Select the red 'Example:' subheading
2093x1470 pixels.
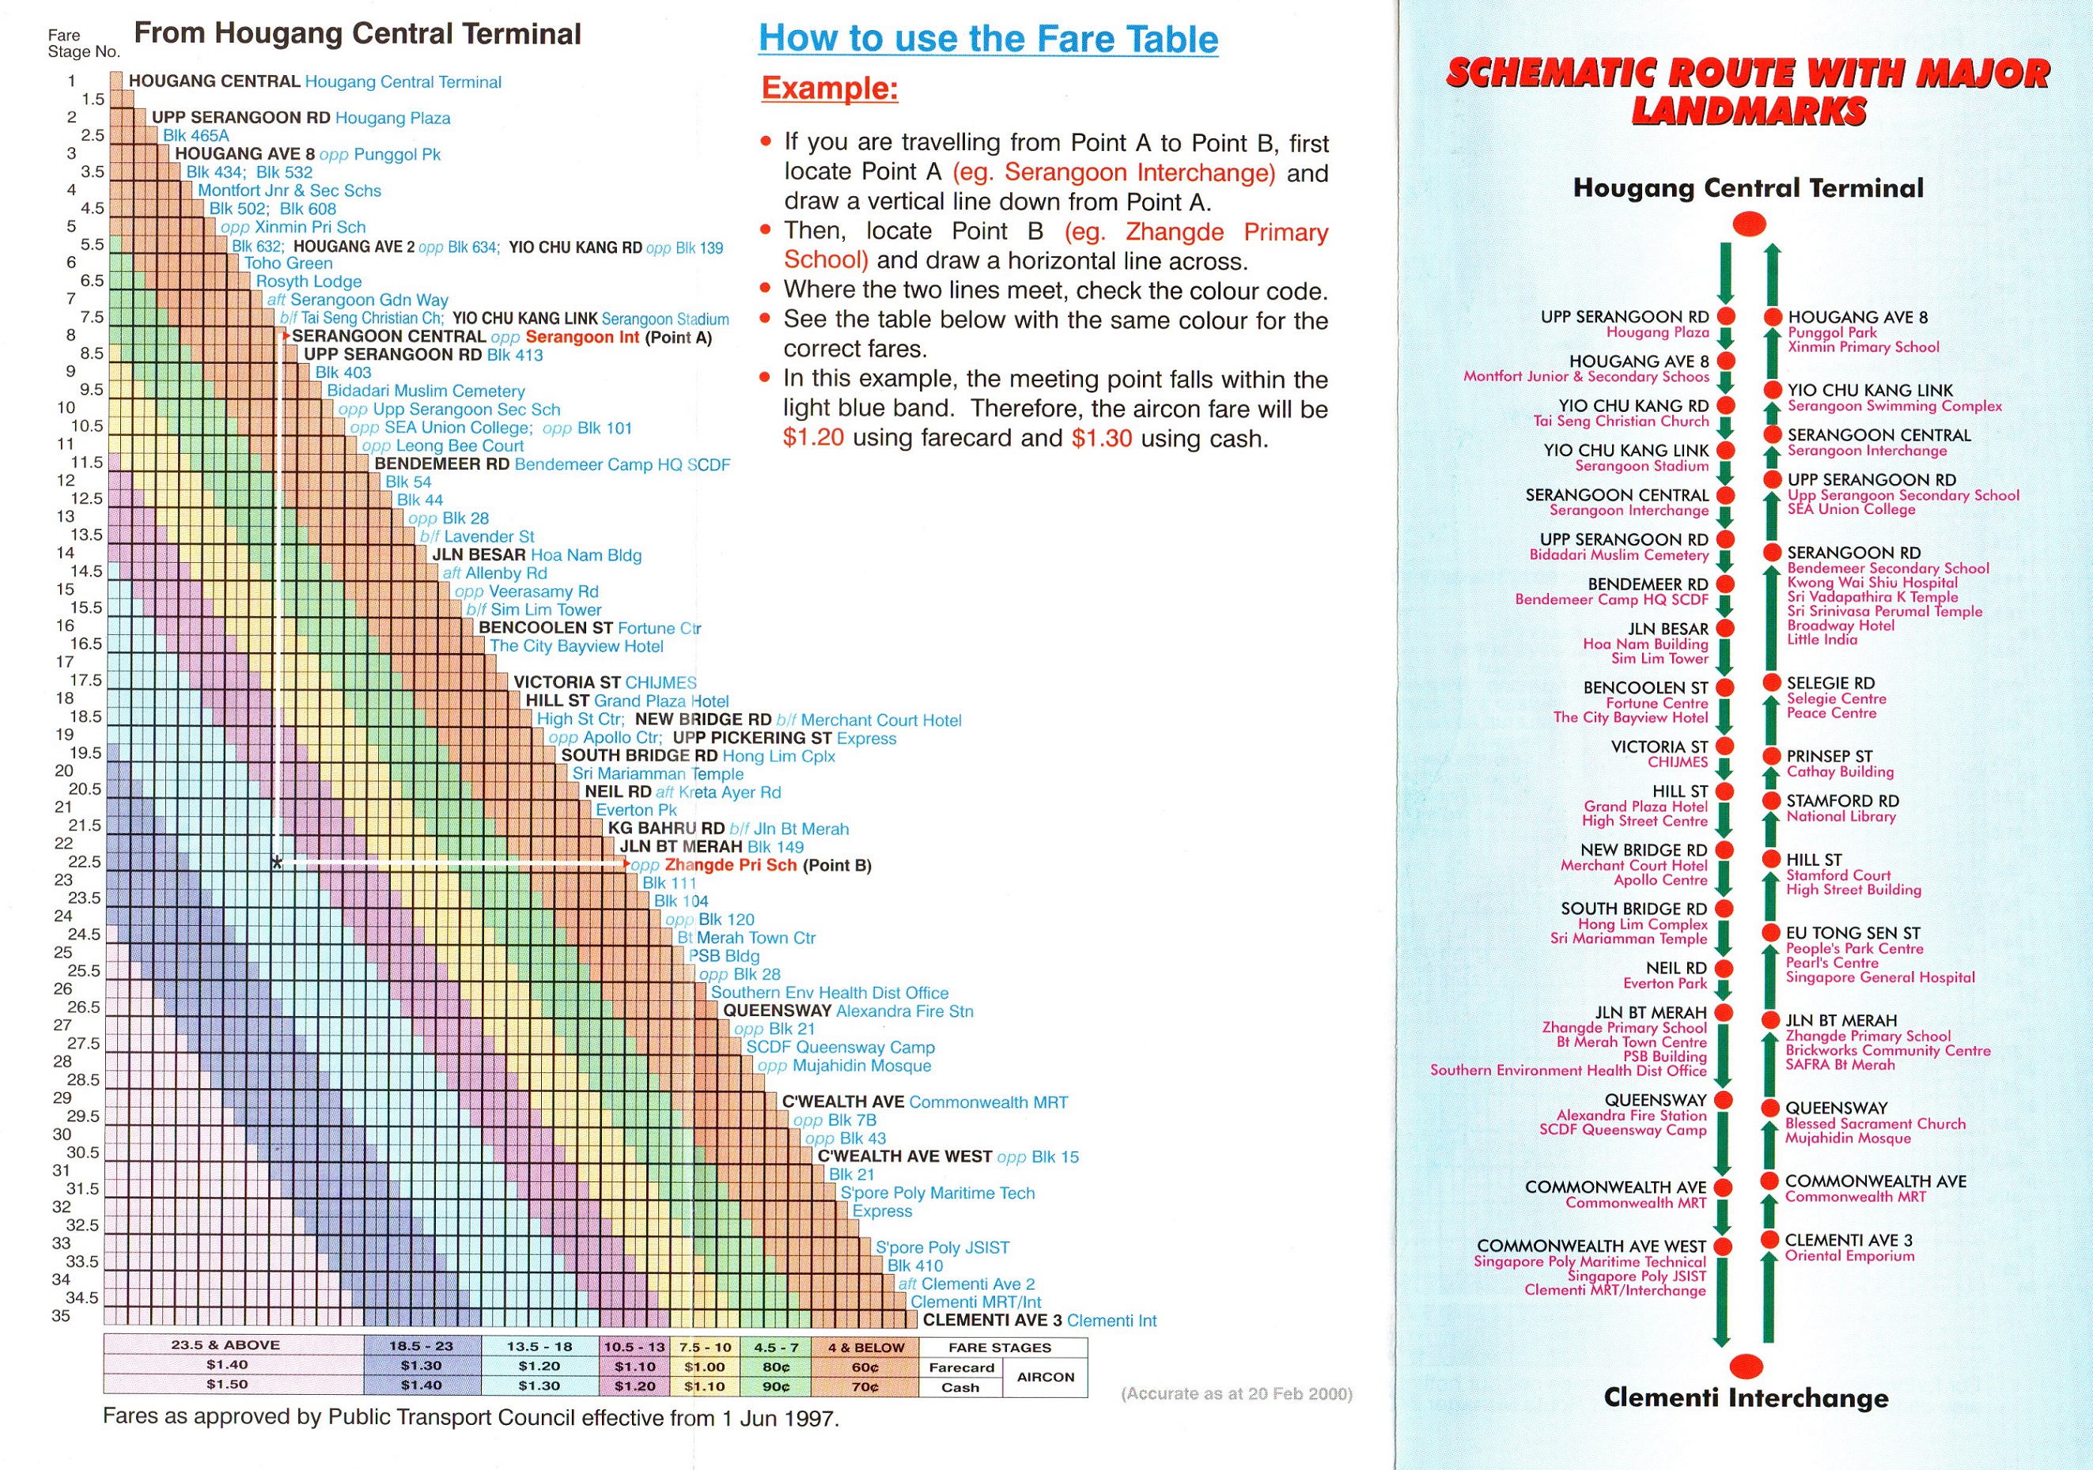830,89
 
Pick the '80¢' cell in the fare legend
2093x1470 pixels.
776,1367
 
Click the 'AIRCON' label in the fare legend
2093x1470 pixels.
1046,1377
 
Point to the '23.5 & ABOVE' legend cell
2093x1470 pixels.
225,1345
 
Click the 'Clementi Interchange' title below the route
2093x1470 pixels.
1746,1398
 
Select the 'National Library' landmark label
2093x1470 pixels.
1841,817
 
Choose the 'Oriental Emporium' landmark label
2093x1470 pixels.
1849,1256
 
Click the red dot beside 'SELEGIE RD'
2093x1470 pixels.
1772,682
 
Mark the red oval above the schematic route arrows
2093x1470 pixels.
1748,223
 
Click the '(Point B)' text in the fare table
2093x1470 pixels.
837,866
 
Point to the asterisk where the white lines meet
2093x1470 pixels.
276,862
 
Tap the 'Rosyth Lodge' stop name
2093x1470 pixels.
308,282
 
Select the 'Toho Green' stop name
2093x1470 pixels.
288,263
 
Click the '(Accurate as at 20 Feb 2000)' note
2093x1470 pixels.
1236,1393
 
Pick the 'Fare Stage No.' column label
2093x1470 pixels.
83,43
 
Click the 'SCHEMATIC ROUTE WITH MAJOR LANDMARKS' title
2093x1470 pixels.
1747,91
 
